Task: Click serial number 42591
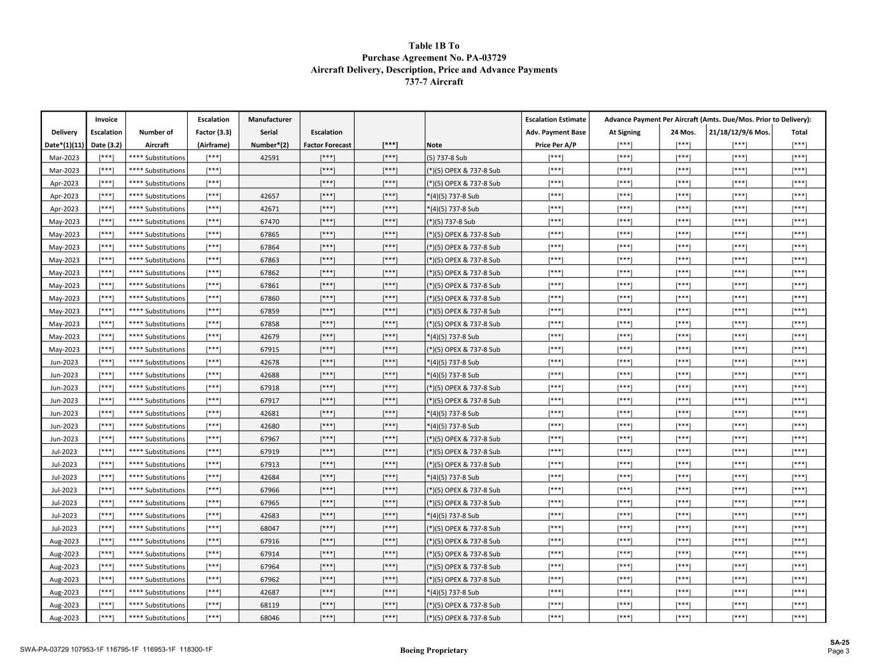tap(269, 158)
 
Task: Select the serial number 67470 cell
tap(269, 222)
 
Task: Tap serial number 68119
tap(269, 605)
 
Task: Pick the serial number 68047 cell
tap(269, 529)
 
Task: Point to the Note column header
tap(434, 145)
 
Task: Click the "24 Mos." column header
tap(682, 132)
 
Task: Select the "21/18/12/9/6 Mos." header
tap(739, 132)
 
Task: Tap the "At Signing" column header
tap(625, 132)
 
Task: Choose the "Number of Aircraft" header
tap(156, 138)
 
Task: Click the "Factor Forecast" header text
tap(327, 145)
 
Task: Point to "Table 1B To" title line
tap(434, 46)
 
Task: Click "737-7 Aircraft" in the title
tap(434, 82)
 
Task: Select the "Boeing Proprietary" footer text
tap(434, 650)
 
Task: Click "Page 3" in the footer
tap(838, 651)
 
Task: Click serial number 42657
tap(269, 196)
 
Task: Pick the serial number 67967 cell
tap(269, 439)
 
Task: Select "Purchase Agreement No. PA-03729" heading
tap(434, 58)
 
